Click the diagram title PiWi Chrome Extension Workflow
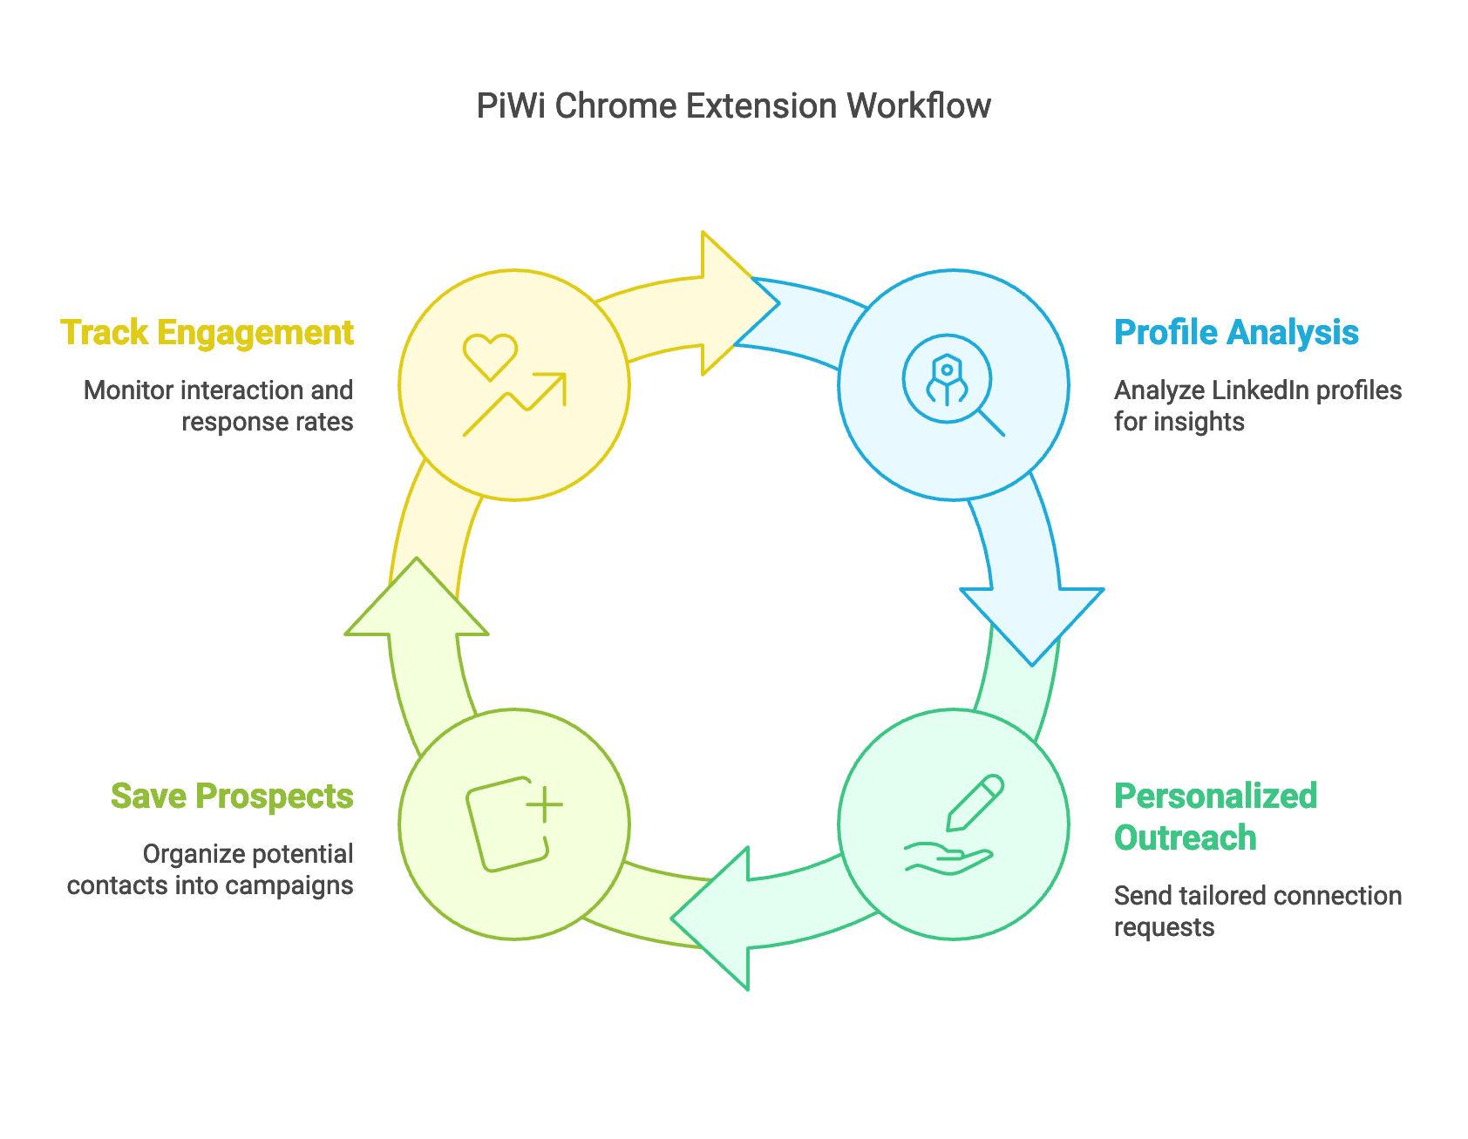tap(733, 106)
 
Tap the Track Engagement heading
tap(207, 333)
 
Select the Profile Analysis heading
tap(1236, 333)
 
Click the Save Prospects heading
tap(232, 797)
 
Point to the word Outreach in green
tap(1185, 838)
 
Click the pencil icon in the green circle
tap(975, 802)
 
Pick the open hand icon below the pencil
tap(948, 858)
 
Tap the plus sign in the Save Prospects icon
tap(545, 804)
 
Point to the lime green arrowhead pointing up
tap(417, 601)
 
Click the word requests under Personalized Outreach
tap(1164, 927)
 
